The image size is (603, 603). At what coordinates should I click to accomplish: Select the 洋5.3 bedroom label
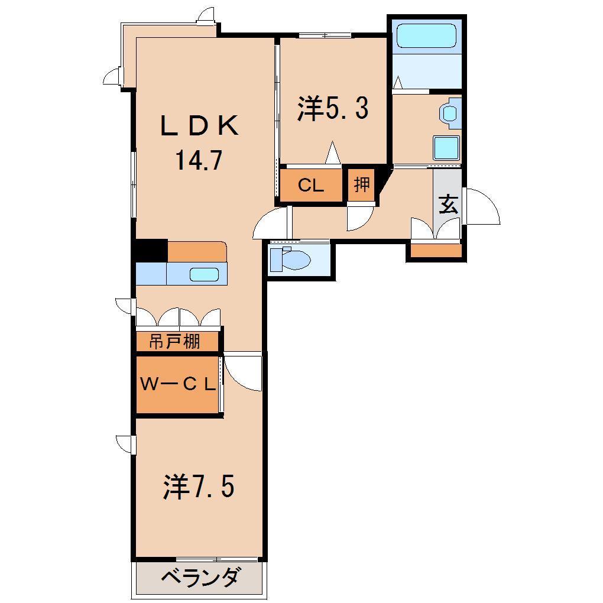[333, 109]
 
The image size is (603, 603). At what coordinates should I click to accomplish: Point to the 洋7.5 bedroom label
[199, 487]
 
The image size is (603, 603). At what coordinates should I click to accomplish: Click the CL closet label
[310, 186]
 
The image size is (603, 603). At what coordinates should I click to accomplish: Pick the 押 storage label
[361, 185]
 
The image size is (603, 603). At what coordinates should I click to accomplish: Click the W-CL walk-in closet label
[177, 384]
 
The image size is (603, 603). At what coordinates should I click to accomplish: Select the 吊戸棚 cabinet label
[174, 342]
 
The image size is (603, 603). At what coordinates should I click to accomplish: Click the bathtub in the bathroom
[426, 36]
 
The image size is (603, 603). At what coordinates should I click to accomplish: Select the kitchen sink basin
[204, 274]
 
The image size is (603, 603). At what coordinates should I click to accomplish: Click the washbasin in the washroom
[449, 112]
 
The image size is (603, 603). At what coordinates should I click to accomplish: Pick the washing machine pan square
[446, 148]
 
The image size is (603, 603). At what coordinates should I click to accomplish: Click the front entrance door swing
[482, 206]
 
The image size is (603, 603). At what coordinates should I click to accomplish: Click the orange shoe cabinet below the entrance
[436, 251]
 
